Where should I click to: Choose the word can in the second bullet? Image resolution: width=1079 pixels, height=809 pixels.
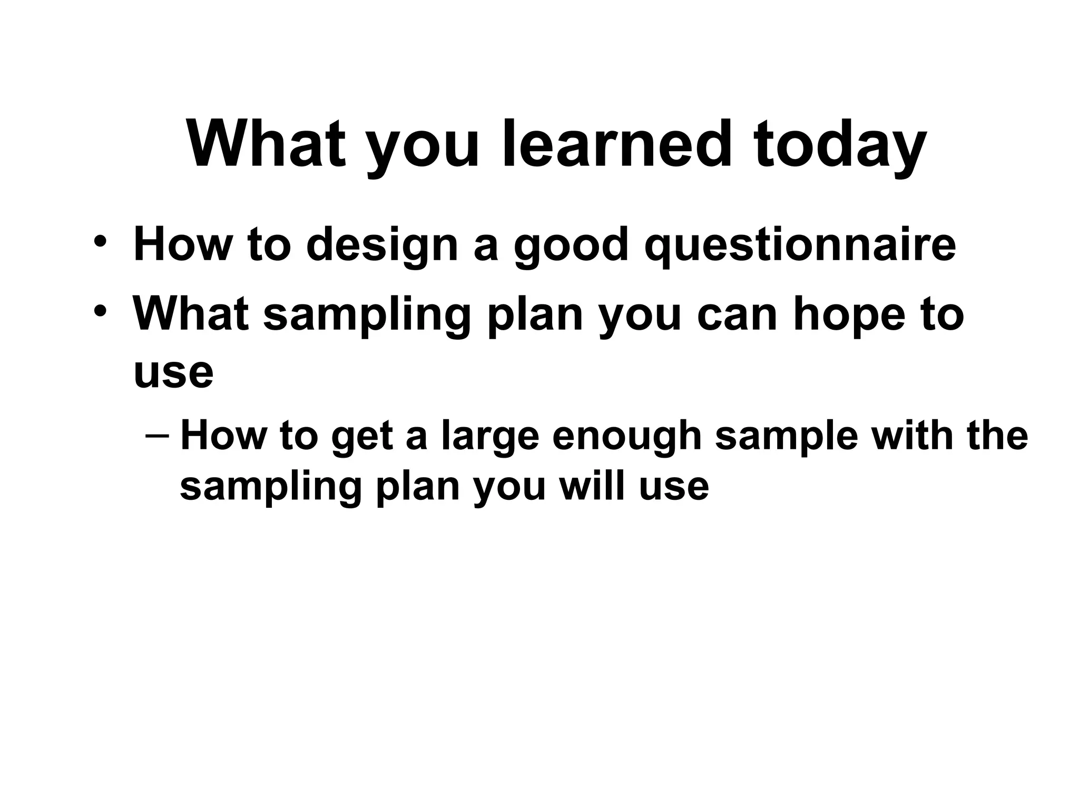pyautogui.click(x=737, y=314)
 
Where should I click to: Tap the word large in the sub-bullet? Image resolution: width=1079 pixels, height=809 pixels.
pyautogui.click(x=490, y=436)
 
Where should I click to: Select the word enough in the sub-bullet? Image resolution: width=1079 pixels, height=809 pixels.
pyautogui.click(x=627, y=436)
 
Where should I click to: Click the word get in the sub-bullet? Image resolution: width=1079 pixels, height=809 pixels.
pyautogui.click(x=362, y=436)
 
